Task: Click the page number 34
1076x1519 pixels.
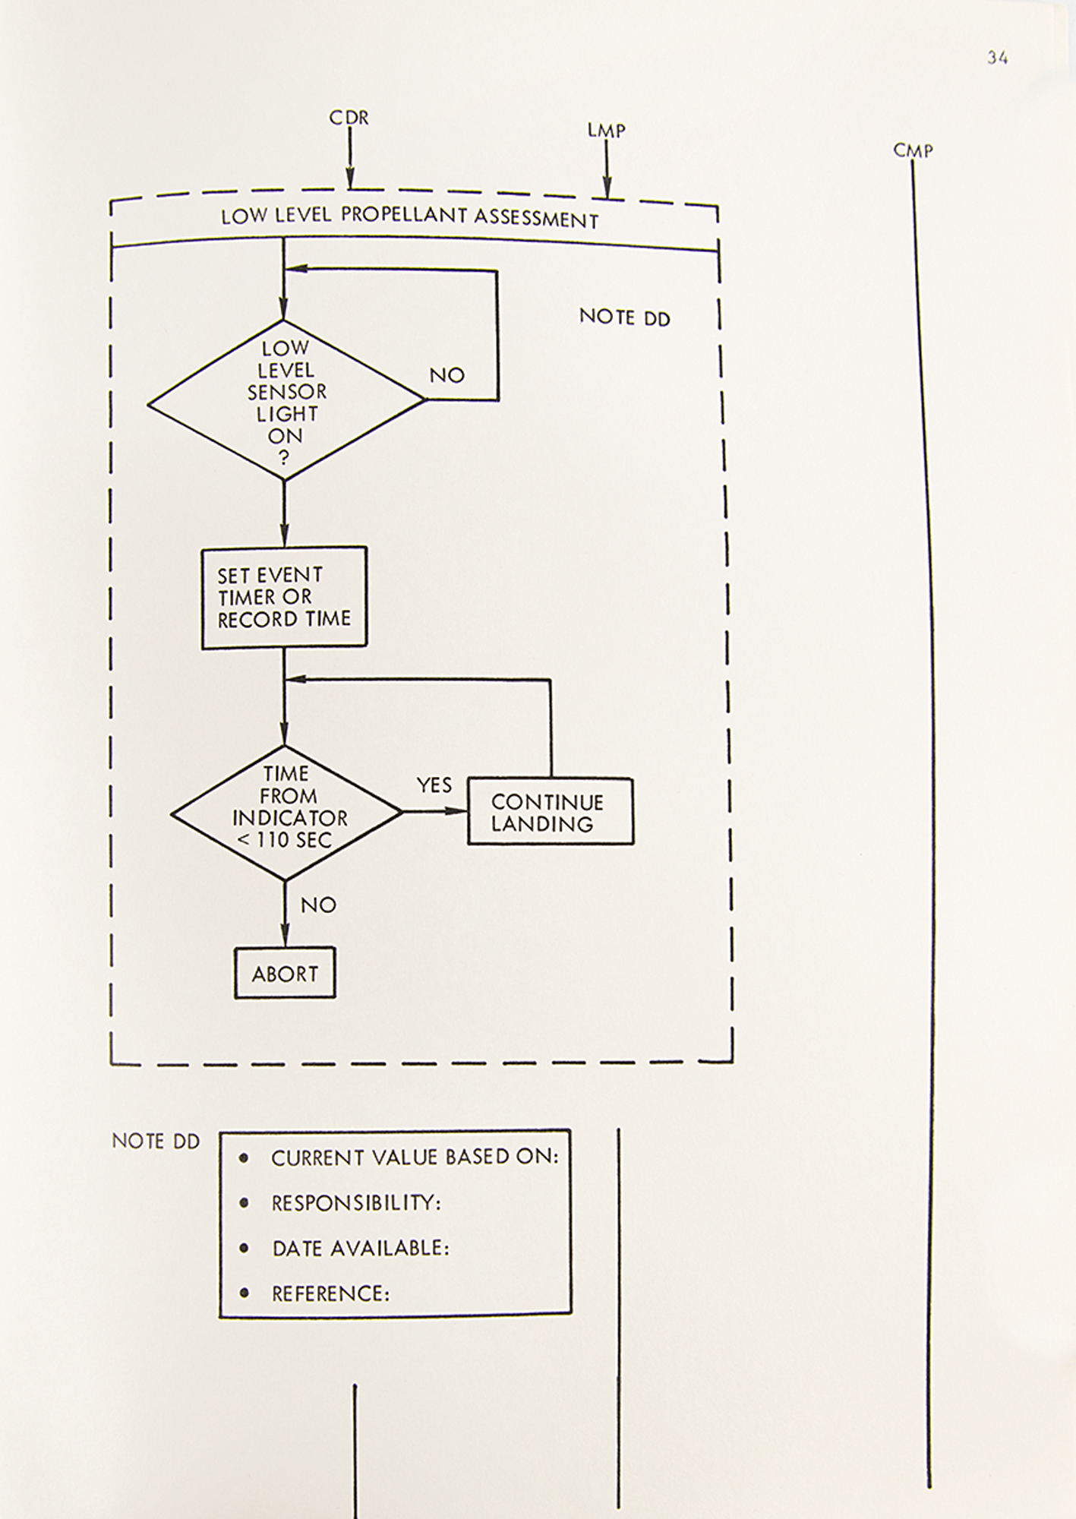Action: coord(997,58)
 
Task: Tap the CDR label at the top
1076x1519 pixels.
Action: coord(349,118)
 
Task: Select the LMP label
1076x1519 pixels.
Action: coord(606,131)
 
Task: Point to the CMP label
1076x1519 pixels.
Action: coord(913,150)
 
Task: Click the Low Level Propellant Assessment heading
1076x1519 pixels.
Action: coord(410,218)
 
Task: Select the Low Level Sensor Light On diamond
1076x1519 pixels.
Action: coord(286,401)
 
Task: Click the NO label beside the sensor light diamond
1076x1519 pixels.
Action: coord(446,375)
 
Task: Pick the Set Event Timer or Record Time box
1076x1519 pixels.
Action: coord(284,597)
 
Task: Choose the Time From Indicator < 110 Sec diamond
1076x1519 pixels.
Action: coord(286,812)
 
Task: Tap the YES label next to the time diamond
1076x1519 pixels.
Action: coord(434,785)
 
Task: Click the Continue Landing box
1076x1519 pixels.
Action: coord(550,812)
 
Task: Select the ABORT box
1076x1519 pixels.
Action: coord(285,973)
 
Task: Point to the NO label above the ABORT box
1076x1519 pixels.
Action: coord(318,905)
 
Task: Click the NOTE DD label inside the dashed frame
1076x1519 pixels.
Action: coord(625,317)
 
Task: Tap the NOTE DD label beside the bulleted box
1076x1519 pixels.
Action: coord(156,1142)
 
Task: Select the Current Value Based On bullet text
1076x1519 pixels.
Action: coord(415,1157)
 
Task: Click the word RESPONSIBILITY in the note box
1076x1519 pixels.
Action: coord(356,1203)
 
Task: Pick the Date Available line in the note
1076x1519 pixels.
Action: coord(361,1248)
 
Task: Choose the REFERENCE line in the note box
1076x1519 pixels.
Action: coord(331,1293)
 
